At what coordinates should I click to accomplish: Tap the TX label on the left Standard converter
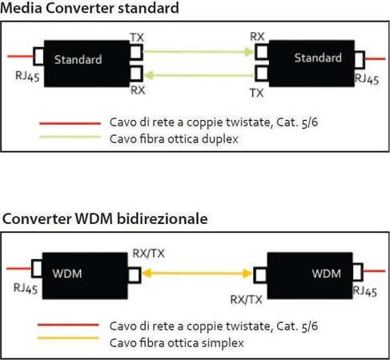coord(136,38)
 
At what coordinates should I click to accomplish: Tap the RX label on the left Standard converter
coord(137,90)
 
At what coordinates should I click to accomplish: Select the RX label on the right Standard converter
coord(258,37)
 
